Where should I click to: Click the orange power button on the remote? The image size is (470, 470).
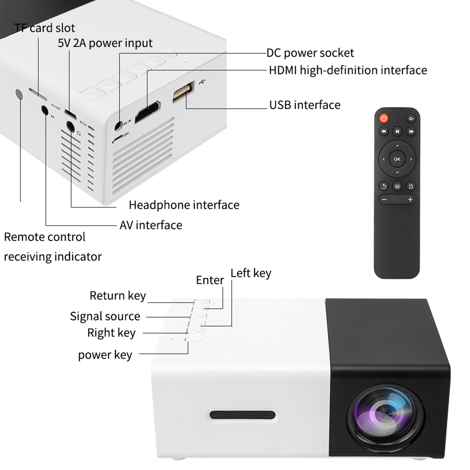[383, 118]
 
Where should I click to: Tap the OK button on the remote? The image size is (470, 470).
[397, 159]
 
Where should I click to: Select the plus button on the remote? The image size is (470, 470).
[410, 200]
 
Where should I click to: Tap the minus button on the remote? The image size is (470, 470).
[384, 200]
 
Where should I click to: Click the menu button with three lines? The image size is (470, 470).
[397, 186]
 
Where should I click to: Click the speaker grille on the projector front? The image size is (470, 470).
[242, 415]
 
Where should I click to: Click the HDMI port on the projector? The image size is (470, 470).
[148, 112]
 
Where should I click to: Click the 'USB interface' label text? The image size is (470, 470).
[305, 105]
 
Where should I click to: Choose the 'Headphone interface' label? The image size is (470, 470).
[184, 205]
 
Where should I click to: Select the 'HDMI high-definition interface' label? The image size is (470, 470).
[348, 70]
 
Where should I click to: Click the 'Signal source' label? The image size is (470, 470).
[105, 316]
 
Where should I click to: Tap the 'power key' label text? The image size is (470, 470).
[105, 355]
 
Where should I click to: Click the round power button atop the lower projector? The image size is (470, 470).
[193, 339]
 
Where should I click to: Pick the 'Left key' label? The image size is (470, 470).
[251, 273]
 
